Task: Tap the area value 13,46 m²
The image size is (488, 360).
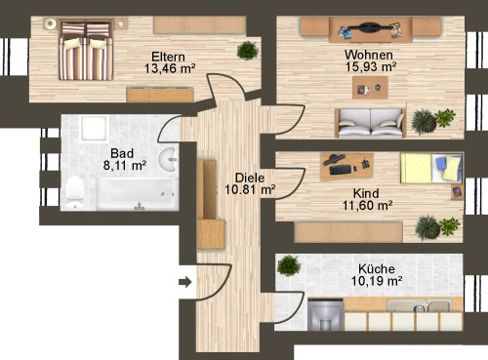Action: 170,69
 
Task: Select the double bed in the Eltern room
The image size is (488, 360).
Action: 86,52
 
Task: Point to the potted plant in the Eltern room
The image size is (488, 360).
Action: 248,50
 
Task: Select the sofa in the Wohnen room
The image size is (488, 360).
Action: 369,122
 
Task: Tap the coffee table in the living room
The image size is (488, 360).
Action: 369,89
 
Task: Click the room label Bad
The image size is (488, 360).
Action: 122,153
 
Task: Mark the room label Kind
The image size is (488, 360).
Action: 366,192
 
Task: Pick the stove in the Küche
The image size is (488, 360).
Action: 324,313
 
